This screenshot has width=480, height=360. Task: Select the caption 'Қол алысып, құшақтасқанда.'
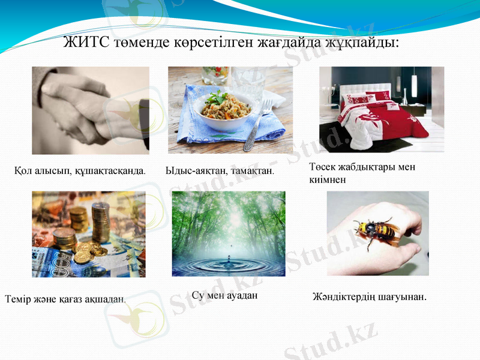80,170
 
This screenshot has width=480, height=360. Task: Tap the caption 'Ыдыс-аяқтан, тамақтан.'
220,170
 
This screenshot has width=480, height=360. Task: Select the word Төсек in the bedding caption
323,167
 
